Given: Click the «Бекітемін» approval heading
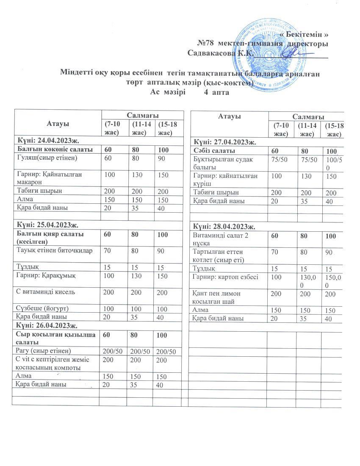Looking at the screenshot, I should (x=305, y=34).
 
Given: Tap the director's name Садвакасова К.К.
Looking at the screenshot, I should (x=220, y=53).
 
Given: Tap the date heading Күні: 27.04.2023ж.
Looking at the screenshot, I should (x=224, y=142).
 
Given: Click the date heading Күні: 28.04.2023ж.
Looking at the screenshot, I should (x=224, y=226).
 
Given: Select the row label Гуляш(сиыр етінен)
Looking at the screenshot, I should (x=45, y=158).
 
